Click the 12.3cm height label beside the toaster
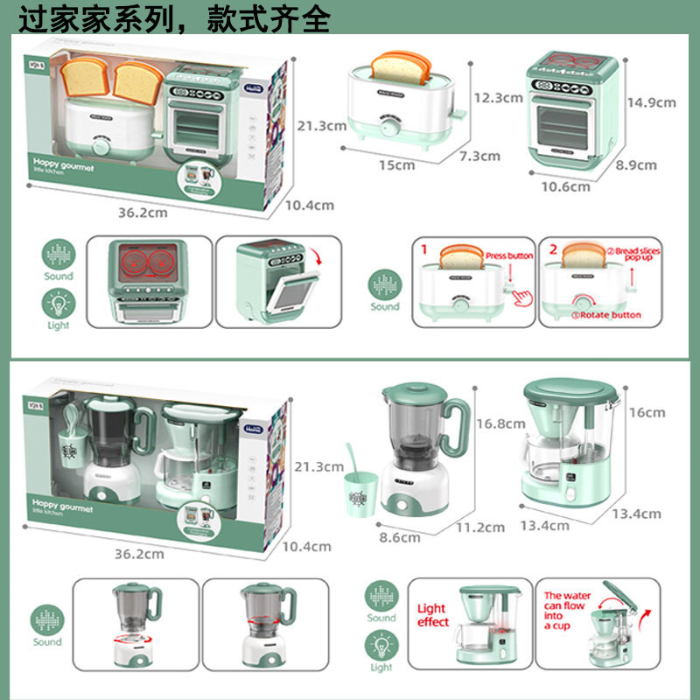coord(498,97)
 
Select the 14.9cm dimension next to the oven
coord(650,102)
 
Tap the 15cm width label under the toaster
coord(396,164)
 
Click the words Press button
coord(508,255)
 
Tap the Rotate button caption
coord(607,315)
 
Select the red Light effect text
coord(432,615)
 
